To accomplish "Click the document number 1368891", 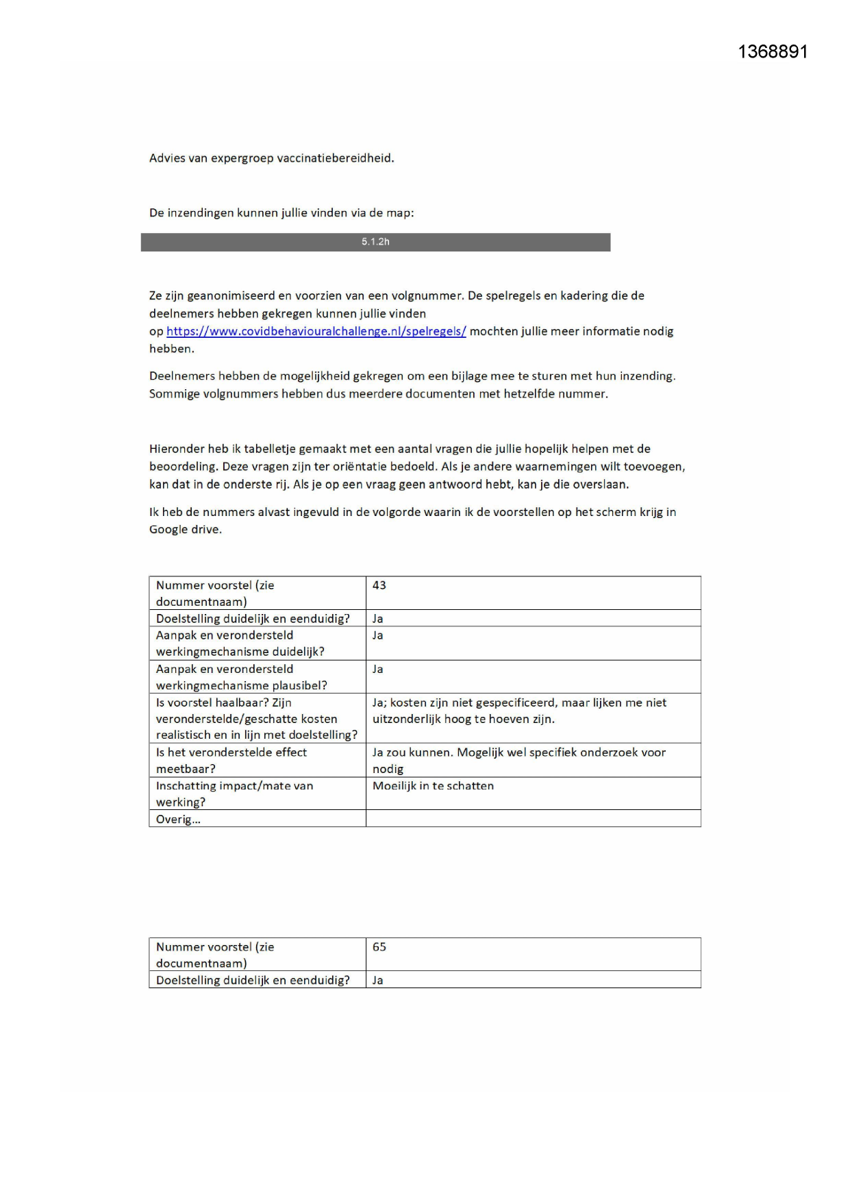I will [x=773, y=52].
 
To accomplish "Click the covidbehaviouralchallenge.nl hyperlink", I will [x=316, y=332].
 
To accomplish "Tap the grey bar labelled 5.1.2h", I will [x=375, y=242].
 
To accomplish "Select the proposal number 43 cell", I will [x=379, y=585].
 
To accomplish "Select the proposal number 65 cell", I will [x=379, y=947].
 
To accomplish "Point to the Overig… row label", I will [x=178, y=820].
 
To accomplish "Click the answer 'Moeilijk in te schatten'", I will [x=433, y=786].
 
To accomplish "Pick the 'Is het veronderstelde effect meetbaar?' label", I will [x=232, y=760].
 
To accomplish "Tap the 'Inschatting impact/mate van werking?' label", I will [x=234, y=794].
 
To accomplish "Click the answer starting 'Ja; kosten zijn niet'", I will [x=518, y=711].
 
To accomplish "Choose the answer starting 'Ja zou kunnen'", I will [x=518, y=760].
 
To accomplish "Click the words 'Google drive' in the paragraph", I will [x=185, y=530].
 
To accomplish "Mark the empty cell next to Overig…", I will [x=533, y=819].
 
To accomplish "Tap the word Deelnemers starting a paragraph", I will [x=179, y=376].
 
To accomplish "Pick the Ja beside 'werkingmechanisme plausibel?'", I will [x=377, y=670].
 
